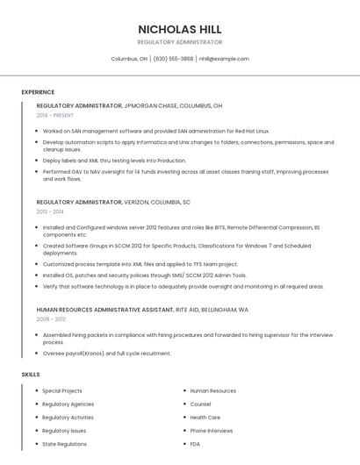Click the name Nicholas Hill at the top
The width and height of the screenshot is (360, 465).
(x=179, y=29)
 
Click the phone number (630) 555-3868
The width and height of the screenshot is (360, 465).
(x=173, y=59)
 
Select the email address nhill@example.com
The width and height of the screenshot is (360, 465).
(x=224, y=59)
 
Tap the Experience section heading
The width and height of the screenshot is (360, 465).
(x=38, y=92)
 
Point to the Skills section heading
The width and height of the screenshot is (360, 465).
(x=31, y=375)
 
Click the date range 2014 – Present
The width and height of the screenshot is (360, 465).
(x=55, y=115)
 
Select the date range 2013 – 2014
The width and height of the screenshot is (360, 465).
(x=50, y=211)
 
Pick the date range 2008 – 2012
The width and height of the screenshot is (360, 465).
(x=51, y=319)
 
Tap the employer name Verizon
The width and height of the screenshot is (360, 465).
(x=142, y=202)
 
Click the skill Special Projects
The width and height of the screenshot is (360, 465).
(x=62, y=391)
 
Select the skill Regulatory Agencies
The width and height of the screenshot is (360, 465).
(x=68, y=404)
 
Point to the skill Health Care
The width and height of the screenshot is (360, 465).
(x=205, y=418)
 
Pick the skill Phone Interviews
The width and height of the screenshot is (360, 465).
(x=212, y=431)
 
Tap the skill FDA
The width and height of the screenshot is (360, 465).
(x=196, y=444)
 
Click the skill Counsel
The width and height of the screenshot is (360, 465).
(x=200, y=404)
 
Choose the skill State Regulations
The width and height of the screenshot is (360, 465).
(x=64, y=444)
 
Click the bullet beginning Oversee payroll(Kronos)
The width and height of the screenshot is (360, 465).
(x=106, y=354)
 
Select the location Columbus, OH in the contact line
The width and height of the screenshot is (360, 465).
(x=129, y=59)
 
